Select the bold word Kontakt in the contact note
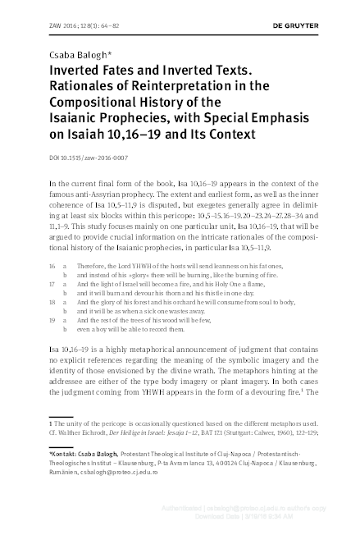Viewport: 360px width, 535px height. click(x=69, y=454)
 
